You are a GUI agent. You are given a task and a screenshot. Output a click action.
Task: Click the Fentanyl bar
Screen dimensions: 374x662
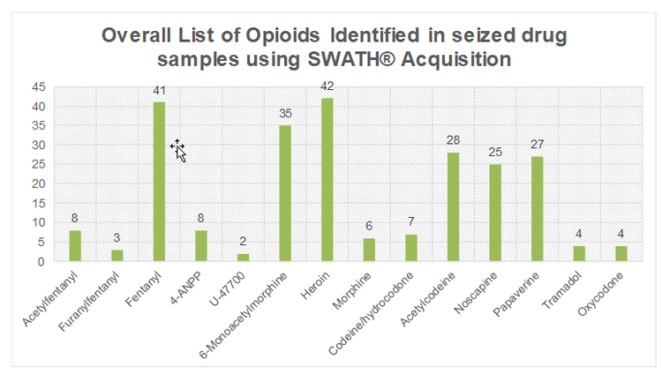pos(160,182)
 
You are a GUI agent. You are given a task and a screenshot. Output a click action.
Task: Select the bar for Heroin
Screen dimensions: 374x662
pos(327,180)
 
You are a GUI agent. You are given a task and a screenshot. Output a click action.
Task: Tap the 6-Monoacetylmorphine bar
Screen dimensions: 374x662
pos(285,193)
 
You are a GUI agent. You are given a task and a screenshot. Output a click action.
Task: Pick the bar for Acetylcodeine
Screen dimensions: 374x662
pos(453,206)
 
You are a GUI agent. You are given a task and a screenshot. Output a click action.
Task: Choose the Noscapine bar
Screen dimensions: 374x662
pos(495,213)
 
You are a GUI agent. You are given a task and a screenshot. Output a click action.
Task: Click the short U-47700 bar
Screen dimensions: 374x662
pos(244,258)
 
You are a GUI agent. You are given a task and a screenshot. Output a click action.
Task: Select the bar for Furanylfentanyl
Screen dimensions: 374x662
pos(117,256)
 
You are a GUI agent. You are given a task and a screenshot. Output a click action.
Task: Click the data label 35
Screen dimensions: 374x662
pos(285,113)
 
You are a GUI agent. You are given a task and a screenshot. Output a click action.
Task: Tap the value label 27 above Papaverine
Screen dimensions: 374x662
pos(537,144)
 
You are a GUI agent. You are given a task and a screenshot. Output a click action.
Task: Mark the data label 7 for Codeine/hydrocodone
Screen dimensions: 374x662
pos(411,221)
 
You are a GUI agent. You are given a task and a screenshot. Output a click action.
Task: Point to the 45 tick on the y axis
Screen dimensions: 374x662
pos(39,87)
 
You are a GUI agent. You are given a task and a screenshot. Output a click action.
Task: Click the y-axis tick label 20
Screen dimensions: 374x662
pos(39,183)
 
